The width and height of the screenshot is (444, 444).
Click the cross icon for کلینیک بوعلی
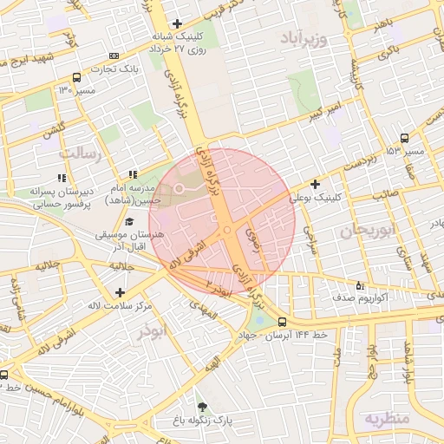tap(315, 184)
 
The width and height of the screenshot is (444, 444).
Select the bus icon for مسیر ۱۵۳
tap(404, 138)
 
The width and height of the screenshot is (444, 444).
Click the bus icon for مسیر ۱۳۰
tap(77, 77)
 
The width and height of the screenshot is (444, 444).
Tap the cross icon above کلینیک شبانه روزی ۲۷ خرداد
tap(178, 23)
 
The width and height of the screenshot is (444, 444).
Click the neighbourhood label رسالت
tap(81, 153)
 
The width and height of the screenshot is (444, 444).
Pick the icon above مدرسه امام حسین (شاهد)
tap(133, 175)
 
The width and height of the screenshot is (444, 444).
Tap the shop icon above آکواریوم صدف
tap(361, 285)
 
